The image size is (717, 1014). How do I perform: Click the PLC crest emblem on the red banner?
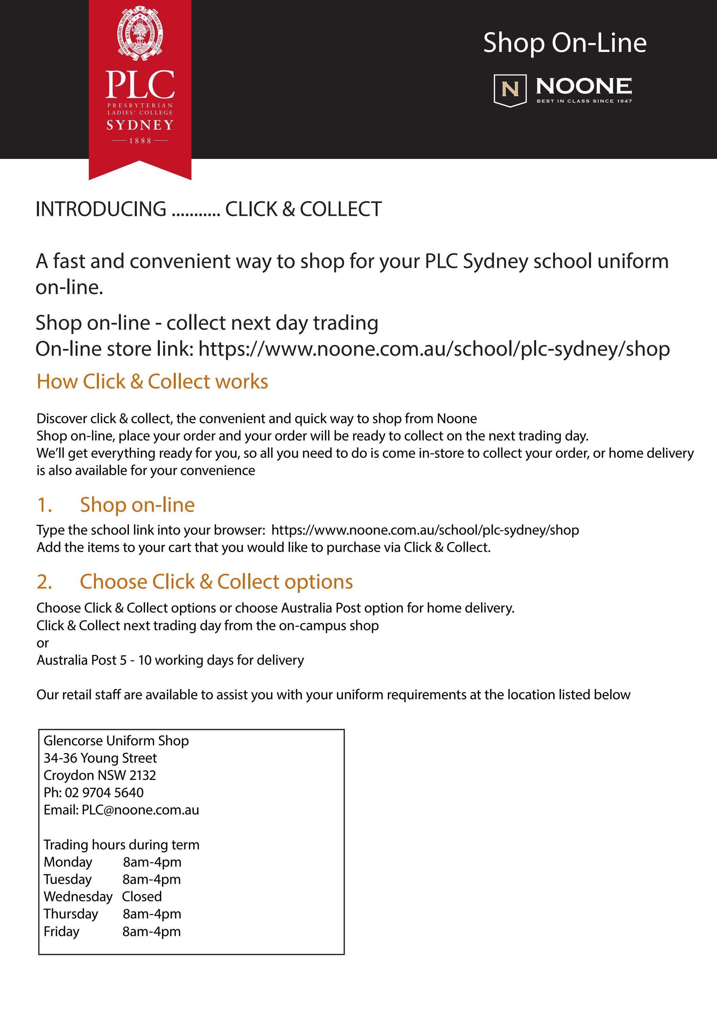[140, 33]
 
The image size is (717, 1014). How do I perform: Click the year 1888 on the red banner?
[140, 141]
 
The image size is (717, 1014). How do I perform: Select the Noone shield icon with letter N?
[510, 90]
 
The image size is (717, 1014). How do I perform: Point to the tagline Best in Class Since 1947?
[584, 101]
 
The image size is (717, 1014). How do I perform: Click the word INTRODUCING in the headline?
[101, 209]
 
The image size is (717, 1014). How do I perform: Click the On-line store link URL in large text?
[434, 349]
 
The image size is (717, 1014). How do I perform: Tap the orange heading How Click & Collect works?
[152, 381]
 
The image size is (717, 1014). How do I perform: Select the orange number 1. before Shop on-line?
[45, 505]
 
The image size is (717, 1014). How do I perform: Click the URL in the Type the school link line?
[425, 530]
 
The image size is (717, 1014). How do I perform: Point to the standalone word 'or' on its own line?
[42, 643]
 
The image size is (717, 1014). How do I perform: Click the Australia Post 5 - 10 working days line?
[170, 660]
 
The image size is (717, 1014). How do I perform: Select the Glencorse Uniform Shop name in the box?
[116, 741]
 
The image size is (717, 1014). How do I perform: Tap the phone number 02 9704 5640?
[104, 793]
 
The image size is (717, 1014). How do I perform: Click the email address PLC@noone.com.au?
[141, 810]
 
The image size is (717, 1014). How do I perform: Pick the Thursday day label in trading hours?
[71, 914]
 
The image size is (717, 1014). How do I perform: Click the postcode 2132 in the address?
[143, 775]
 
